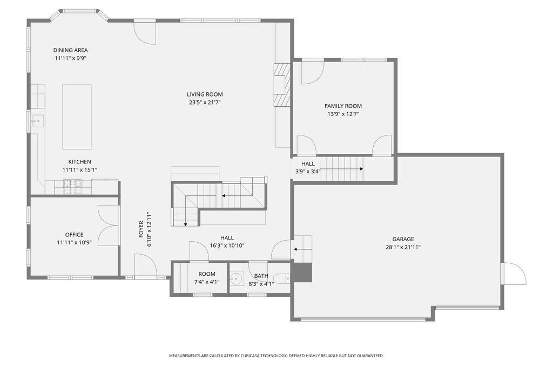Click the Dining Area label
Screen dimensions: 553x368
[71, 50]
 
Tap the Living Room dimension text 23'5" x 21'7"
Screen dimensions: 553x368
[205, 103]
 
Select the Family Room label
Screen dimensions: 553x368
[343, 106]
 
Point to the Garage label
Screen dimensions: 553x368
[403, 239]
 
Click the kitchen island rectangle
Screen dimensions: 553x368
[77, 117]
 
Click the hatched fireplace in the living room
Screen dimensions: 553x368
[282, 85]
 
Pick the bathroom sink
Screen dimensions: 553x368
[236, 278]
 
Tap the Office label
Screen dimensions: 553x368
[74, 234]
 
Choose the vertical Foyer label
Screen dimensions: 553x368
[141, 229]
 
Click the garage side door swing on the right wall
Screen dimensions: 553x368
[514, 274]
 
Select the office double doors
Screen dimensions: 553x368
[108, 225]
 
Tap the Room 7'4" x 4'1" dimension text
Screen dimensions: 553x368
[207, 282]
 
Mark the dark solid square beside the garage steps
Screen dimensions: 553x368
[303, 272]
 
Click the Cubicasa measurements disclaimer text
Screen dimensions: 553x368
[276, 356]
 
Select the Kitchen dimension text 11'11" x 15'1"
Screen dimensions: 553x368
[80, 170]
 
